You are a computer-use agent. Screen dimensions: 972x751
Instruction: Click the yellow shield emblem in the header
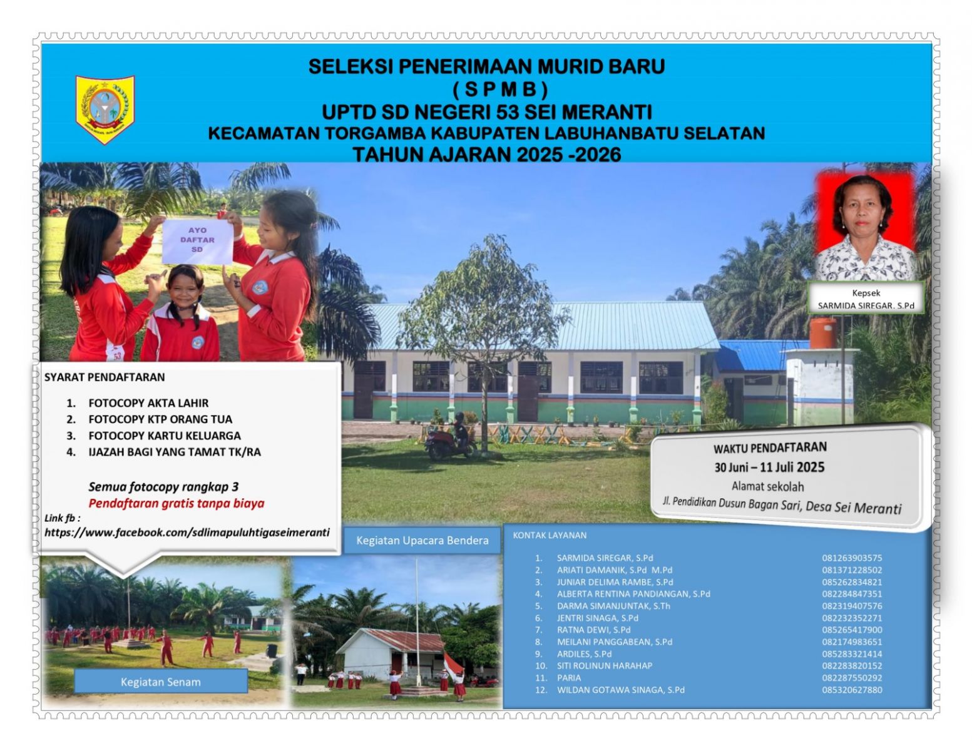[x=105, y=110]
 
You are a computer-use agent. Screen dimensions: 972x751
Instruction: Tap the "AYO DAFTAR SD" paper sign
[x=197, y=241]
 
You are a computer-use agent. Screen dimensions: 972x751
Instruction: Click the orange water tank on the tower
[x=822, y=333]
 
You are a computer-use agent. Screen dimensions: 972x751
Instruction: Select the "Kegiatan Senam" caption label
[x=161, y=682]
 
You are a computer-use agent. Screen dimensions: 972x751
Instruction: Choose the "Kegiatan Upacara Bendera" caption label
[x=422, y=540]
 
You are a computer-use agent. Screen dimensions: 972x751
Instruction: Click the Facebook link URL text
[x=187, y=533]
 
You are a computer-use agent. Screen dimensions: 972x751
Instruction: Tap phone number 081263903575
[x=852, y=558]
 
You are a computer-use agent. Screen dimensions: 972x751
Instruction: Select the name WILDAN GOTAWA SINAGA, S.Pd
[x=620, y=690]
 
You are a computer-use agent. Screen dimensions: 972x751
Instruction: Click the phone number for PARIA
[x=852, y=678]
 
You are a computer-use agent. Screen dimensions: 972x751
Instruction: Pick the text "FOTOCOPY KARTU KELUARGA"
[x=165, y=436]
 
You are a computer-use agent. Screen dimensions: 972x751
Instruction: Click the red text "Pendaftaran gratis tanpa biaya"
[x=176, y=503]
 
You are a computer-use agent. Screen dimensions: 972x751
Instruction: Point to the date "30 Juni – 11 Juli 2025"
[x=769, y=467]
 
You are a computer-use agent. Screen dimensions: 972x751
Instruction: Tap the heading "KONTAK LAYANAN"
[x=550, y=535]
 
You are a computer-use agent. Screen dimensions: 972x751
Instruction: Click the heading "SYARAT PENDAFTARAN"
[x=105, y=377]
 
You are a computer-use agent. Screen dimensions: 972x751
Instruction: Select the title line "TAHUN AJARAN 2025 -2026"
[x=487, y=155]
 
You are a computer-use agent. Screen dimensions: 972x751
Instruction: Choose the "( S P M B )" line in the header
[x=500, y=89]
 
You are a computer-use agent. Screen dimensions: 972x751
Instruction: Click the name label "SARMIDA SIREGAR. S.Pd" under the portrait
[x=866, y=305]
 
